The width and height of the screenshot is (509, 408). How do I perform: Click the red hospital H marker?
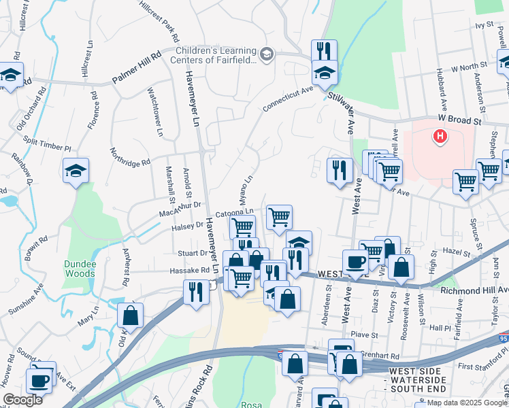(x=440, y=137)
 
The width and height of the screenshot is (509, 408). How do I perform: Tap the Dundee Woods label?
(x=80, y=269)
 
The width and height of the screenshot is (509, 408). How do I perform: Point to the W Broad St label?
(x=459, y=118)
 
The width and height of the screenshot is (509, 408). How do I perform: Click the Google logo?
(x=22, y=400)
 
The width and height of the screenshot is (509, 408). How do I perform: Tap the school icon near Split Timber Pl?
(x=76, y=171)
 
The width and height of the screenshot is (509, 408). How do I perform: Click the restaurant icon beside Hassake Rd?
(x=196, y=292)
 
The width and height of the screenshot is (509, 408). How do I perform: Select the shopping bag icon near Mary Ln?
(x=131, y=315)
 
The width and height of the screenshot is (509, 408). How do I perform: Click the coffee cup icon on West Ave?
(x=355, y=261)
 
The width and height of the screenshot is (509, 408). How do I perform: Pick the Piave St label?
(x=364, y=335)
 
